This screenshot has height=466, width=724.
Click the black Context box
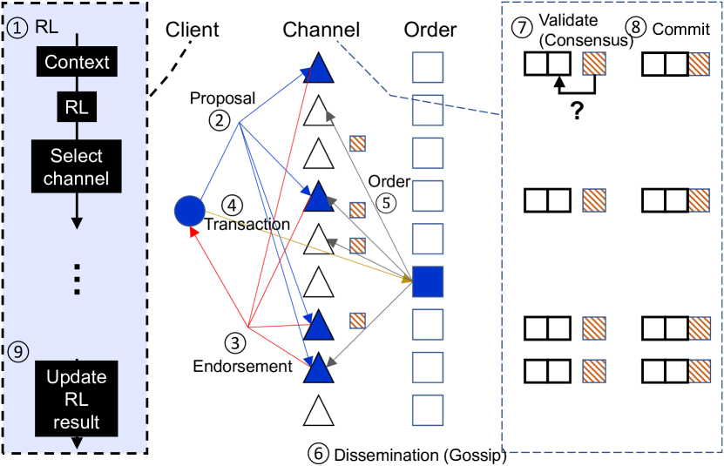(77, 62)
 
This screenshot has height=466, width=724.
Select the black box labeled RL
(77, 108)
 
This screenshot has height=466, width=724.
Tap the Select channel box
(77, 167)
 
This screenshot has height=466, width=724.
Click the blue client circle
(189, 210)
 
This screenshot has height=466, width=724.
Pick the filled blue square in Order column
(428, 280)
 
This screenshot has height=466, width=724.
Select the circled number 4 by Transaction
(231, 205)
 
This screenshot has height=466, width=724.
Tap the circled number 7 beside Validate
(522, 27)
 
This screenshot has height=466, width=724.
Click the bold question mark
(576, 111)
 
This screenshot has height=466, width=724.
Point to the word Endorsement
(243, 366)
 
